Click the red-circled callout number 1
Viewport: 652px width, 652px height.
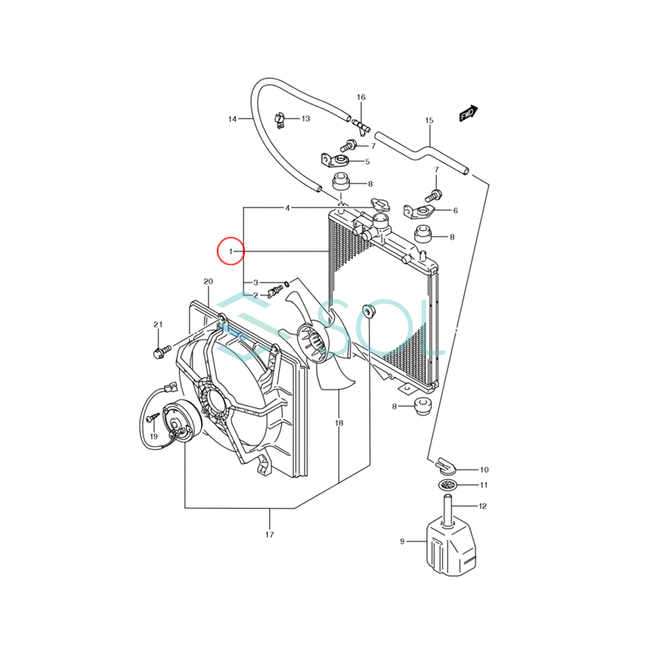tap(231, 251)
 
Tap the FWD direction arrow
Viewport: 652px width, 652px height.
tap(468, 114)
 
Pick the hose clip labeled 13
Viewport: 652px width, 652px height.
tap(280, 121)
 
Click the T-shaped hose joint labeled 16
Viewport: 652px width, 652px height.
tap(361, 127)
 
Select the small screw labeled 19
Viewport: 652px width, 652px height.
tap(153, 417)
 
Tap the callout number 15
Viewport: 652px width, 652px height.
tap(429, 120)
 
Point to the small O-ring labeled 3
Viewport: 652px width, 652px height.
tap(287, 283)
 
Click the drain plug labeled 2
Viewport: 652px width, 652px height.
tap(275, 291)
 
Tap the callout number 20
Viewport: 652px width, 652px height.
tap(208, 281)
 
